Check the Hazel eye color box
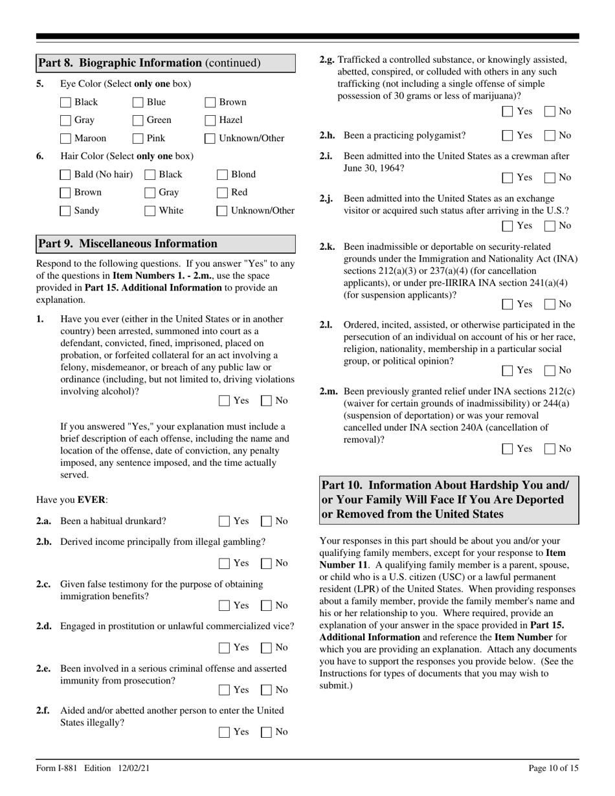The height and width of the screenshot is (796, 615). click(210, 120)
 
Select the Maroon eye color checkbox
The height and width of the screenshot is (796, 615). click(65, 138)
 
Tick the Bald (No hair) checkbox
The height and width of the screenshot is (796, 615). click(65, 174)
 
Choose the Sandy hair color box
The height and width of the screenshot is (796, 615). click(65, 210)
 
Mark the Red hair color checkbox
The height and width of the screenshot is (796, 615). click(222, 192)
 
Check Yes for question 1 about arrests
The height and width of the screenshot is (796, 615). click(224, 401)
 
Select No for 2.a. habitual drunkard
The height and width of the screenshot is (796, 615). click(265, 521)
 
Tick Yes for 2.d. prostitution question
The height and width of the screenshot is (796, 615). click(224, 647)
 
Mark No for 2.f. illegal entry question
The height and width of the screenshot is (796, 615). click(265, 732)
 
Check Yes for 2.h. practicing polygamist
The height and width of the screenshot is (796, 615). click(508, 135)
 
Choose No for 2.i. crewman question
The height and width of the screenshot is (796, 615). click(549, 177)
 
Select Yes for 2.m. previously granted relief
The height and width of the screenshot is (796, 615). click(508, 448)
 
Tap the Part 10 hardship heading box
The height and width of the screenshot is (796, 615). click(449, 500)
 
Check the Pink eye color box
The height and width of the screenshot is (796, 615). click(137, 138)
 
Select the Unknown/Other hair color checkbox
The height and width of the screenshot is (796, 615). click(222, 210)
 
